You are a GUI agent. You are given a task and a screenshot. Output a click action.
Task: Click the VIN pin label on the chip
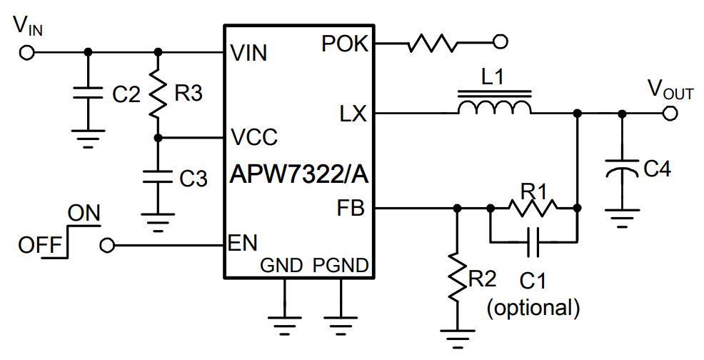pyautogui.click(x=248, y=53)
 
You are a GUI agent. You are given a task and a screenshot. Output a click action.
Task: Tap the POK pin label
pyautogui.click(x=345, y=44)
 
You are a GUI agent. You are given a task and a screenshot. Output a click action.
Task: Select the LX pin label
pyautogui.click(x=353, y=114)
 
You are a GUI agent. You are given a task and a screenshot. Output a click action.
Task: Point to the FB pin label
pyautogui.click(x=351, y=209)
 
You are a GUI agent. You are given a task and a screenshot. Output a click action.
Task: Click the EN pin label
pyautogui.click(x=243, y=244)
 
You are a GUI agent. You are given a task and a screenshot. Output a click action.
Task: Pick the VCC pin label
pyautogui.click(x=253, y=137)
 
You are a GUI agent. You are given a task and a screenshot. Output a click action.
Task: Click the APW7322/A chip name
pyautogui.click(x=299, y=174)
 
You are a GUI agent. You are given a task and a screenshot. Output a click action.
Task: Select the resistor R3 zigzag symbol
pyautogui.click(x=158, y=93)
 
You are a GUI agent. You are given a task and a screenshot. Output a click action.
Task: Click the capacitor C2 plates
pyautogui.click(x=88, y=93)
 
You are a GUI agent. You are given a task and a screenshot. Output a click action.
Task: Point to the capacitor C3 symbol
pyautogui.click(x=158, y=176)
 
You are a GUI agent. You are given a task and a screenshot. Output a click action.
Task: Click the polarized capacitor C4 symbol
pyautogui.click(x=622, y=167)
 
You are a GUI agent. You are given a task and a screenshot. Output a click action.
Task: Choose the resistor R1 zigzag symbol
pyautogui.click(x=533, y=208)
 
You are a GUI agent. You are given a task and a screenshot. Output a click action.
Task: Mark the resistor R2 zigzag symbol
pyautogui.click(x=457, y=277)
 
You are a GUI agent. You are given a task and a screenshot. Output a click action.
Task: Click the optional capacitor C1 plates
pyautogui.click(x=533, y=242)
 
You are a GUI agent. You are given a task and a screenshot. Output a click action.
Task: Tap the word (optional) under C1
pyautogui.click(x=533, y=307)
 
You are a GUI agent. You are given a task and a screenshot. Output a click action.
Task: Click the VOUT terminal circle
pyautogui.click(x=670, y=114)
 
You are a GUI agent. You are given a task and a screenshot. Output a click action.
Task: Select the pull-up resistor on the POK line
pyautogui.click(x=432, y=42)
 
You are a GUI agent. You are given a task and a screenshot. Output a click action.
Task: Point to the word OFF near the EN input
pyautogui.click(x=39, y=246)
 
